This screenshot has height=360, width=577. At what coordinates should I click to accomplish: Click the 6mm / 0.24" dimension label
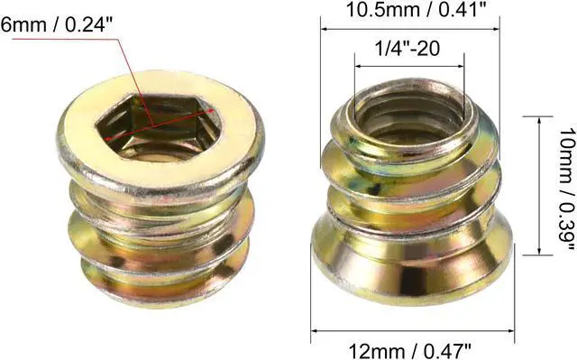(56, 25)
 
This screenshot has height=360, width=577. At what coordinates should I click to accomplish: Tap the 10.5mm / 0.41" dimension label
(417, 10)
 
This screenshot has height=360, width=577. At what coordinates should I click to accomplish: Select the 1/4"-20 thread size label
(407, 48)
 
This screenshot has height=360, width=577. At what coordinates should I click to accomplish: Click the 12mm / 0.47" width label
(410, 351)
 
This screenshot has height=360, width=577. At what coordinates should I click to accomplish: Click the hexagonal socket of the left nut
(159, 126)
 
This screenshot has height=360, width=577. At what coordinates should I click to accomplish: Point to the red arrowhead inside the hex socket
(211, 110)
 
